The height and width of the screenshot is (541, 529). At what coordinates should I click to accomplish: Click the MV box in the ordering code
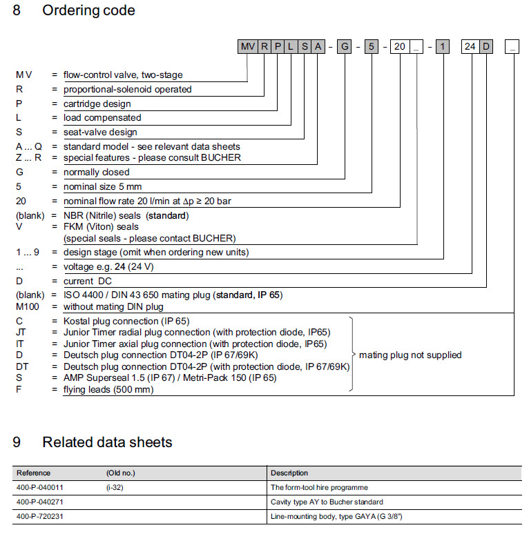coord(247,47)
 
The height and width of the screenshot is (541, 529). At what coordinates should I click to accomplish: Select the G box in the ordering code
coord(345,47)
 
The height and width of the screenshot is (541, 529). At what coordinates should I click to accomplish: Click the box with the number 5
coord(372,47)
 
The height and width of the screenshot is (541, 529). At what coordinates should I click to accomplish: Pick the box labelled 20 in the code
coord(399,47)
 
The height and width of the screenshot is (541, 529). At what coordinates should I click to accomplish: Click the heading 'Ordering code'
coord(89,10)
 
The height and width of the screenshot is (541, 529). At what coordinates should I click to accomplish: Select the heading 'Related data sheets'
coord(107,442)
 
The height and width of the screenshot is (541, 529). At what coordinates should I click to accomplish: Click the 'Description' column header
coord(289,473)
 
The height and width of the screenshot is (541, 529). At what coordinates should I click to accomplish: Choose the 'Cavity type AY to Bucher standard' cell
coord(327,502)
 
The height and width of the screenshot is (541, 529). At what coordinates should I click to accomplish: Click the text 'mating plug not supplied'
coord(410,355)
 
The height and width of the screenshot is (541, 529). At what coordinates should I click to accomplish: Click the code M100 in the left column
coord(28,306)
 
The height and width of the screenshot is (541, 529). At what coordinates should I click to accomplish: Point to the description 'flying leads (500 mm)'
coord(108,390)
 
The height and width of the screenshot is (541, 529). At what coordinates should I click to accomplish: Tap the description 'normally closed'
coord(97,172)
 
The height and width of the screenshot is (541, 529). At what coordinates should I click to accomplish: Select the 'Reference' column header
coord(33,473)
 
